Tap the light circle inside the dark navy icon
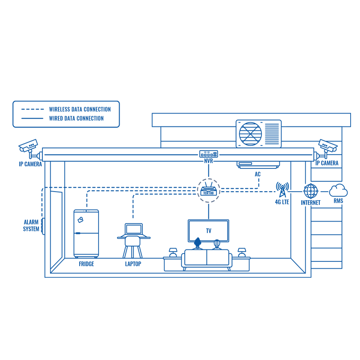pos(209,190)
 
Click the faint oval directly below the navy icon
pos(209,231)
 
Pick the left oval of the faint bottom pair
pos(87,265)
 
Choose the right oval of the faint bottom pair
pos(132,265)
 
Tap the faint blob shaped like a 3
pos(276,195)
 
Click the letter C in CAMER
pos(26,164)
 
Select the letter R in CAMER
pos(38,164)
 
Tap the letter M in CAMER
pos(32,164)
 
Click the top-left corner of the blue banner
pos(13,102)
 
